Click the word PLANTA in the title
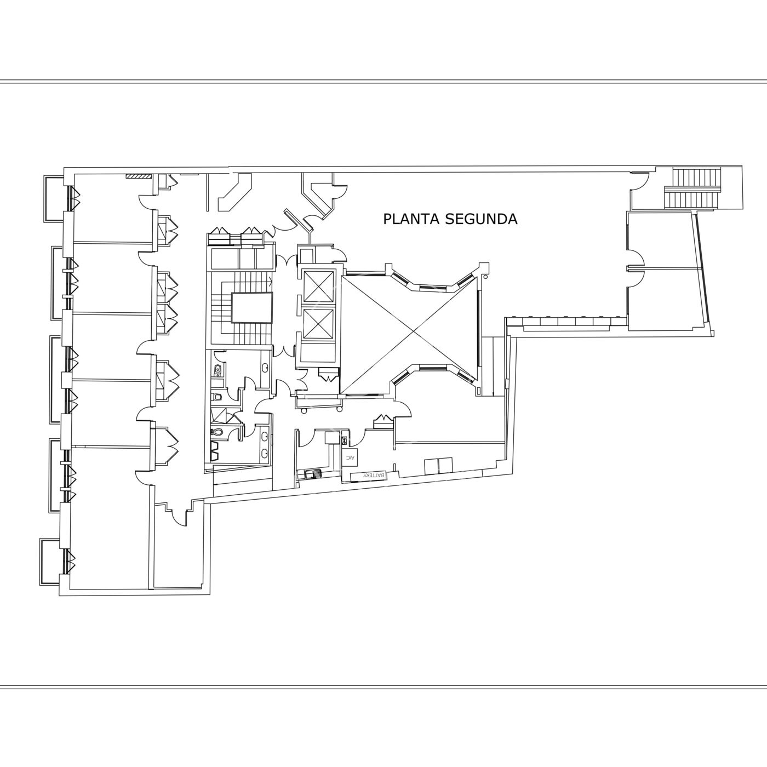[411, 219]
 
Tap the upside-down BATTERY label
[374, 476]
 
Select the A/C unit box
[350, 457]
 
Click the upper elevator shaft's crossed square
[318, 286]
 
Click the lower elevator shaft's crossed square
[318, 324]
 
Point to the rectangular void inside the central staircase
[252, 307]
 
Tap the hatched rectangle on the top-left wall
[138, 175]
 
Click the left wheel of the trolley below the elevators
[304, 411]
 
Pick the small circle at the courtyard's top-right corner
[486, 276]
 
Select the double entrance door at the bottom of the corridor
[175, 513]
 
